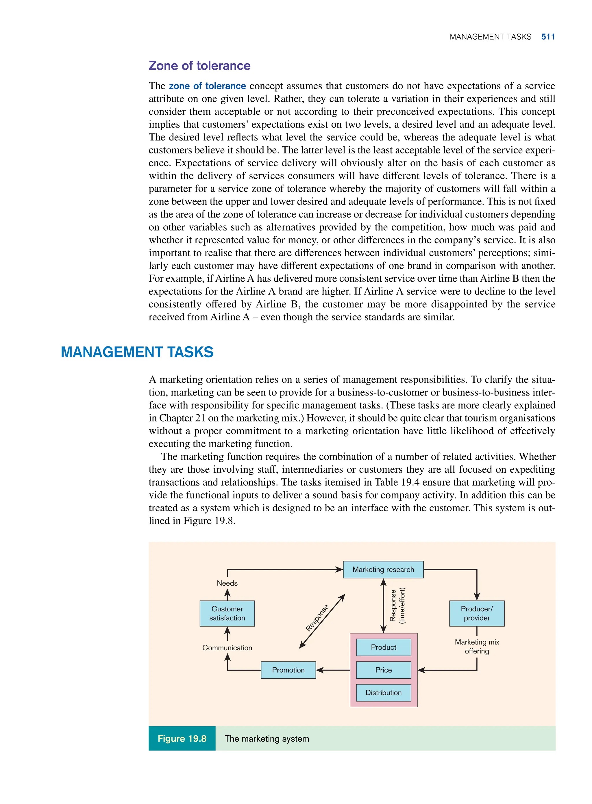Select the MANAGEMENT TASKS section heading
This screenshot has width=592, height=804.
137,352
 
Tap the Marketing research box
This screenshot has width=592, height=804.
383,569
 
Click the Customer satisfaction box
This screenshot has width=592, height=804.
227,614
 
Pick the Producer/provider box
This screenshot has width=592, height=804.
477,614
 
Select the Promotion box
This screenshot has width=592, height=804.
288,670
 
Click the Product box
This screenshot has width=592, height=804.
383,647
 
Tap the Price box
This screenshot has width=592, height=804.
383,670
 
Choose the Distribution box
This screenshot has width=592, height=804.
383,692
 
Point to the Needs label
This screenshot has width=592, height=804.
227,583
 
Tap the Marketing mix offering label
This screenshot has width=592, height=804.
477,647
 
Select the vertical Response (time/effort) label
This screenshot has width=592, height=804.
397,606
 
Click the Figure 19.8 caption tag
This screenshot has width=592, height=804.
182,738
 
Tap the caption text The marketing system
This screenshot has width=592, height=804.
267,738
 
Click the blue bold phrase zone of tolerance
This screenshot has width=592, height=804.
207,86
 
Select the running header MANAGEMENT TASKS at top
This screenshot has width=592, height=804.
490,37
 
